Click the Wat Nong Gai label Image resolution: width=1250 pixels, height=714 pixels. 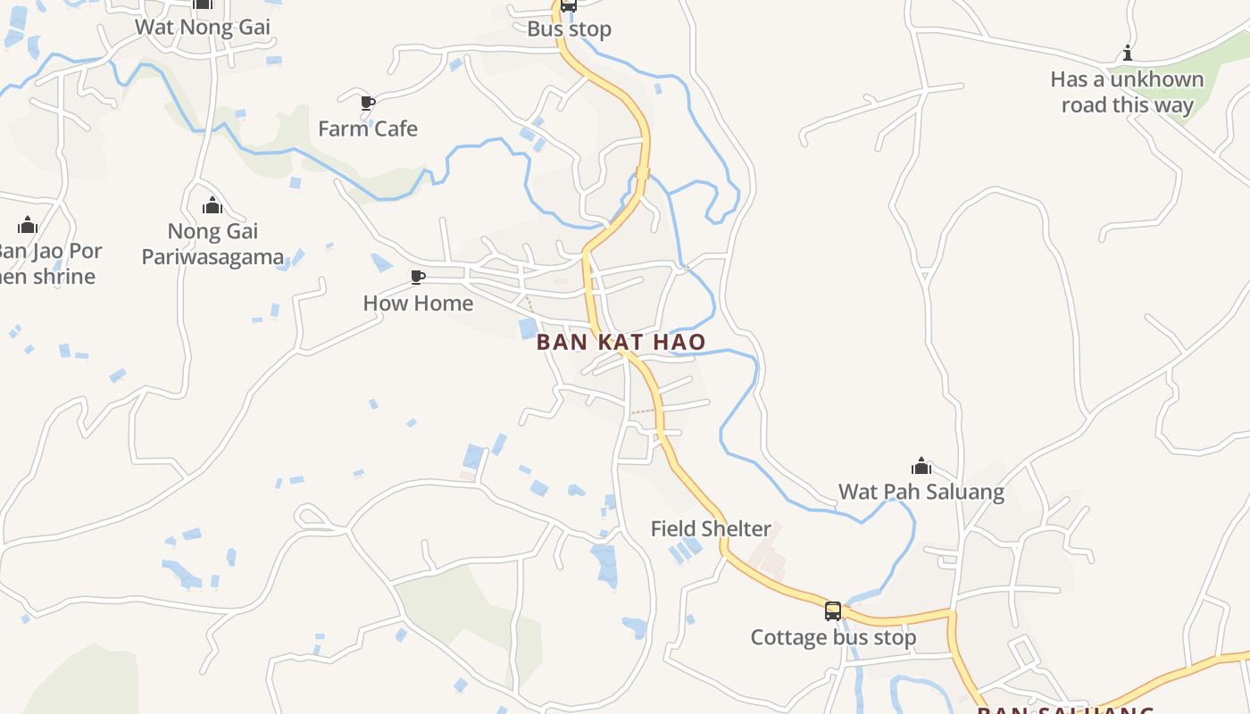pyautogui.click(x=203, y=27)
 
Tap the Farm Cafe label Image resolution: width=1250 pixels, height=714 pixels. pyautogui.click(x=368, y=129)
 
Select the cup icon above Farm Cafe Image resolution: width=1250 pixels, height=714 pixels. pyautogui.click(x=367, y=103)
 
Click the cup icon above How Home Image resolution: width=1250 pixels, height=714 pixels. pyautogui.click(x=417, y=277)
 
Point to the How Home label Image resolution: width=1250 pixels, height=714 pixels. pyautogui.click(x=418, y=303)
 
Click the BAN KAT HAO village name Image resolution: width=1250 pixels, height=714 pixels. pyautogui.click(x=621, y=342)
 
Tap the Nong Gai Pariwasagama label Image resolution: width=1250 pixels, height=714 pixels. pyautogui.click(x=212, y=245)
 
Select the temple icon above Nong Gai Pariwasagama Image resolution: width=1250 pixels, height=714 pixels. pyautogui.click(x=212, y=206)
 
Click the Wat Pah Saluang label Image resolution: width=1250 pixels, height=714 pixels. pyautogui.click(x=921, y=492)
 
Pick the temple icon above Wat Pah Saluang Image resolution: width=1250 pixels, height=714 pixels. pyautogui.click(x=921, y=466)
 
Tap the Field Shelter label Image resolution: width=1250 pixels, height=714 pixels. pyautogui.click(x=711, y=528)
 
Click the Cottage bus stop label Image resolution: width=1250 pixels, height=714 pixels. pyautogui.click(x=833, y=637)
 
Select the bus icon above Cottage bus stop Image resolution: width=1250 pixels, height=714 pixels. pyautogui.click(x=833, y=611)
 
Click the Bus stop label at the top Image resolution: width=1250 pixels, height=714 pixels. pyautogui.click(x=570, y=29)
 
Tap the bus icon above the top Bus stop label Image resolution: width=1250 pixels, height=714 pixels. pyautogui.click(x=569, y=5)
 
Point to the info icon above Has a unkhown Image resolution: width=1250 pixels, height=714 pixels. pyautogui.click(x=1128, y=53)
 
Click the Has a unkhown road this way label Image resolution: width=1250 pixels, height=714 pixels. pyautogui.click(x=1127, y=92)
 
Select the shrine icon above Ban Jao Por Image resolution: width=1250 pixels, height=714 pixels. pyautogui.click(x=28, y=225)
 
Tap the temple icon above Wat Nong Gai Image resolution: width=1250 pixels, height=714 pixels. pyautogui.click(x=203, y=4)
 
